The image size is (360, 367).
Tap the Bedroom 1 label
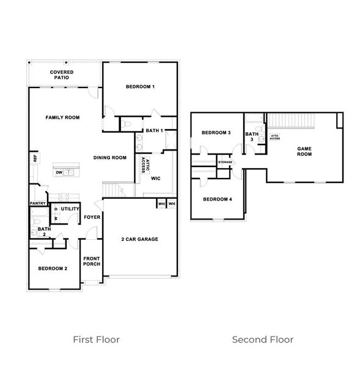[140, 87]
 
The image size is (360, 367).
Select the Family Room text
[63, 117]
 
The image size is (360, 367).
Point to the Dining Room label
[110, 157]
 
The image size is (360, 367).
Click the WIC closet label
[155, 179]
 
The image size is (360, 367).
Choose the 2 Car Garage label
[140, 239]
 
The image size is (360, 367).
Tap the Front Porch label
[92, 261]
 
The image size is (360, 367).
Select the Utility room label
[69, 209]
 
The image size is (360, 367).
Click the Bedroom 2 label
[53, 269]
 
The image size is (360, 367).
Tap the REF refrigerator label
[35, 158]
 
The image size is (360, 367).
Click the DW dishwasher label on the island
[59, 172]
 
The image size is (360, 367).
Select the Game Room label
[304, 151]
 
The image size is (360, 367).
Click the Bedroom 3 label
[216, 133]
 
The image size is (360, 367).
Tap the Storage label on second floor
[225, 162]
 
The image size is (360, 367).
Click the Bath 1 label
[153, 130]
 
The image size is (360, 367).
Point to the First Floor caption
[96, 339]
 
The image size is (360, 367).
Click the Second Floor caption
[263, 339]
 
